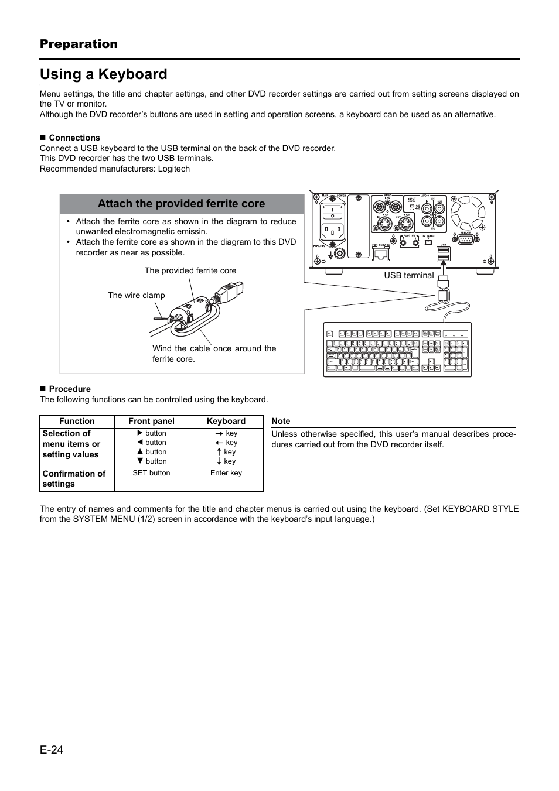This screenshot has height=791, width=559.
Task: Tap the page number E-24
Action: [x=52, y=750]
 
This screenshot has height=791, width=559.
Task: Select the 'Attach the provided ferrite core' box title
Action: [x=181, y=204]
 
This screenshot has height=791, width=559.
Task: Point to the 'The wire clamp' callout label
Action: [x=136, y=295]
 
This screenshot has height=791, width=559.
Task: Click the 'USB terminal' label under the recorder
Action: [x=408, y=275]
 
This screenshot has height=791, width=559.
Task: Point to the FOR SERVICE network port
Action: [x=381, y=253]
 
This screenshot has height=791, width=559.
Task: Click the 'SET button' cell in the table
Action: [x=151, y=473]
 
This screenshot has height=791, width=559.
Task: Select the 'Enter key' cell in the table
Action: [x=226, y=473]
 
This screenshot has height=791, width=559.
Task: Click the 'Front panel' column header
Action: [x=151, y=421]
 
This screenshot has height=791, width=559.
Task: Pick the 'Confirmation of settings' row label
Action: [x=74, y=478]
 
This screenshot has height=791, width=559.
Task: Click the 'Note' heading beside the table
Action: [x=281, y=421]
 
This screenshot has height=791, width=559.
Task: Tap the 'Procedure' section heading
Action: [x=69, y=389]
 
